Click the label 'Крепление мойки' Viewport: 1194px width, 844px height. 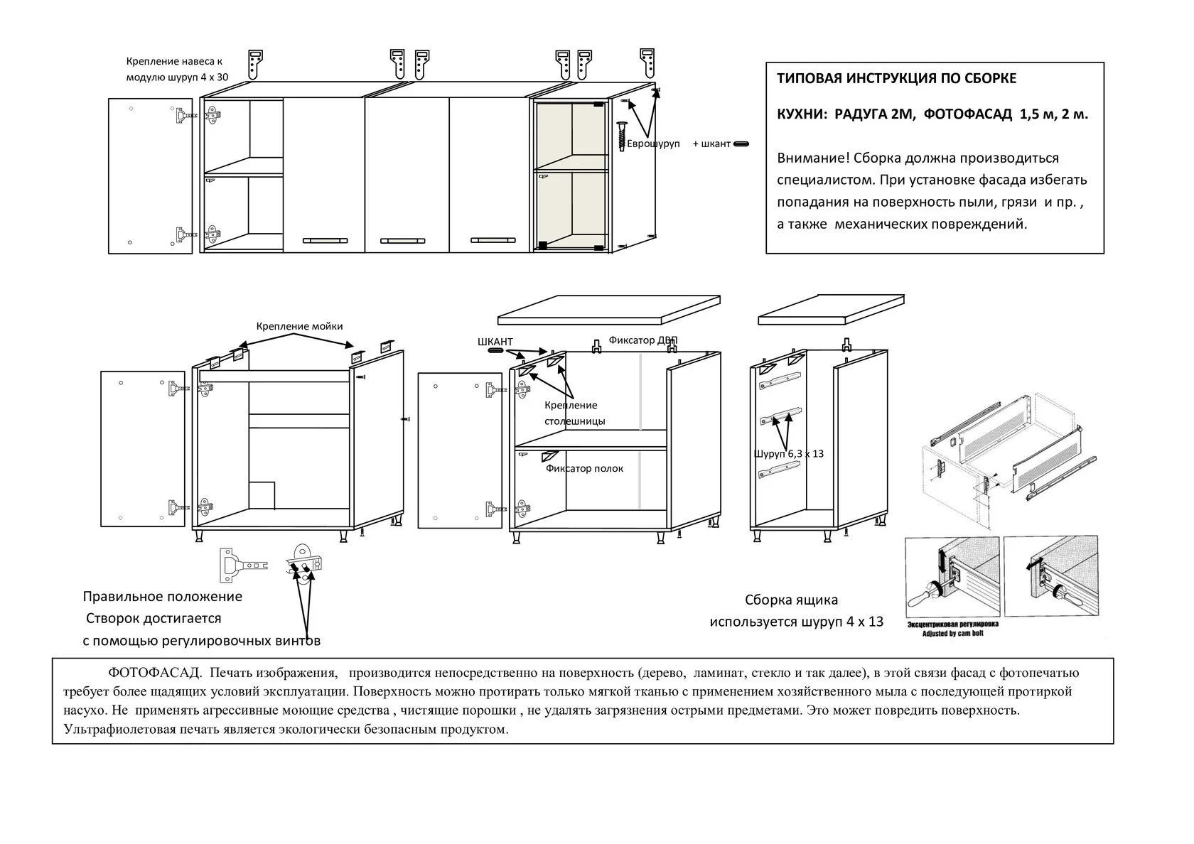pos(299,326)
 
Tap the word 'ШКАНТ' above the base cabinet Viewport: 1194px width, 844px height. pos(495,342)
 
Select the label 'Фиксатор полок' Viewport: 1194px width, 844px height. pos(584,468)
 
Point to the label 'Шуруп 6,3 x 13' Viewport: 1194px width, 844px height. pos(789,453)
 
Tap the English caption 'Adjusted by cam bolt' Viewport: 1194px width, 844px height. pos(952,633)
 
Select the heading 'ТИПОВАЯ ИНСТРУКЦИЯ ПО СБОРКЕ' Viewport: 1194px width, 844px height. pos(897,78)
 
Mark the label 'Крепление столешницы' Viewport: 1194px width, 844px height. pos(574,413)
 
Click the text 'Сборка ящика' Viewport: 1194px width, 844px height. pos(791,600)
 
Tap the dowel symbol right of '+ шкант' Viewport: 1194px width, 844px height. pos(741,144)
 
